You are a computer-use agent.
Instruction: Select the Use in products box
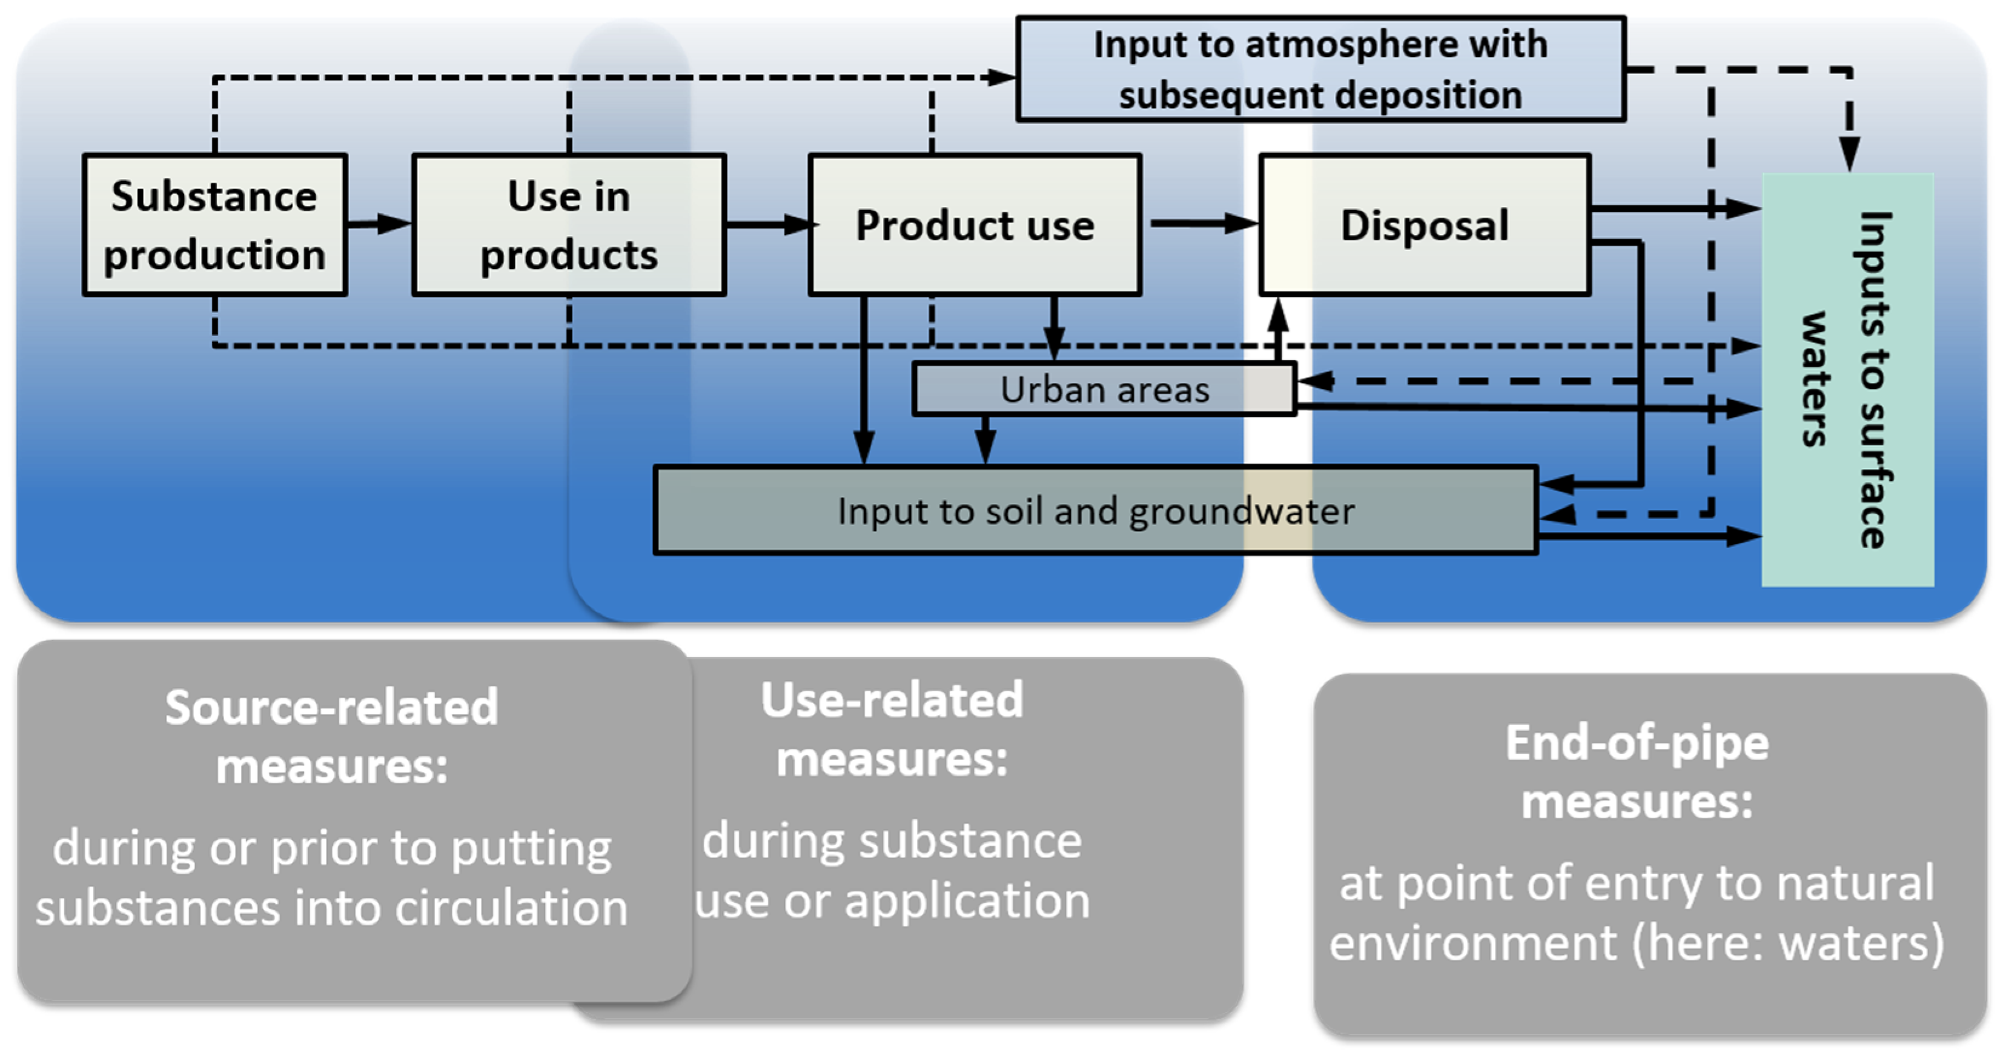pos(568,224)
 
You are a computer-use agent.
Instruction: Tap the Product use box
pos(975,224)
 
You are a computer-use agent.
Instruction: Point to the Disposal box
pos(1425,224)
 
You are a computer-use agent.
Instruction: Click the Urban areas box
pos(1104,390)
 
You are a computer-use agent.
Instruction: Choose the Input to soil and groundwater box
pos(1095,510)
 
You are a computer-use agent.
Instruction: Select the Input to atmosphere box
pos(1320,69)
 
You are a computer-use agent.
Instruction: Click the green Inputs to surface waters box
pos(1847,380)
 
